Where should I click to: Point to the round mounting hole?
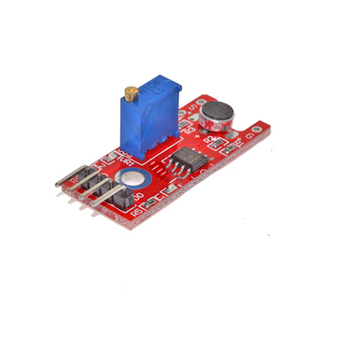click(x=132, y=176)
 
